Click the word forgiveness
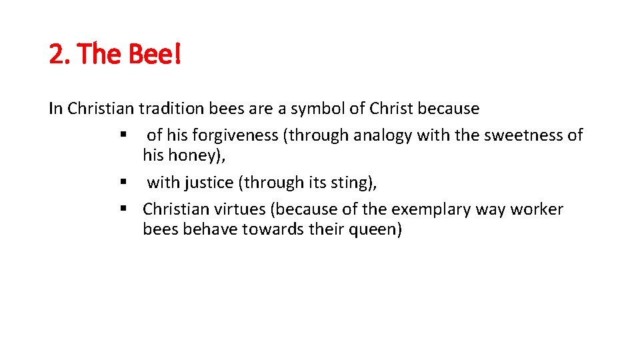click(236, 135)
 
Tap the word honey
click(197, 156)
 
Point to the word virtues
click(235, 209)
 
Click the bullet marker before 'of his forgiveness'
click(124, 135)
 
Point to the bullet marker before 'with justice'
click(124, 182)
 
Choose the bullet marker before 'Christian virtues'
click(124, 209)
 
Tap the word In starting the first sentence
click(56, 108)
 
